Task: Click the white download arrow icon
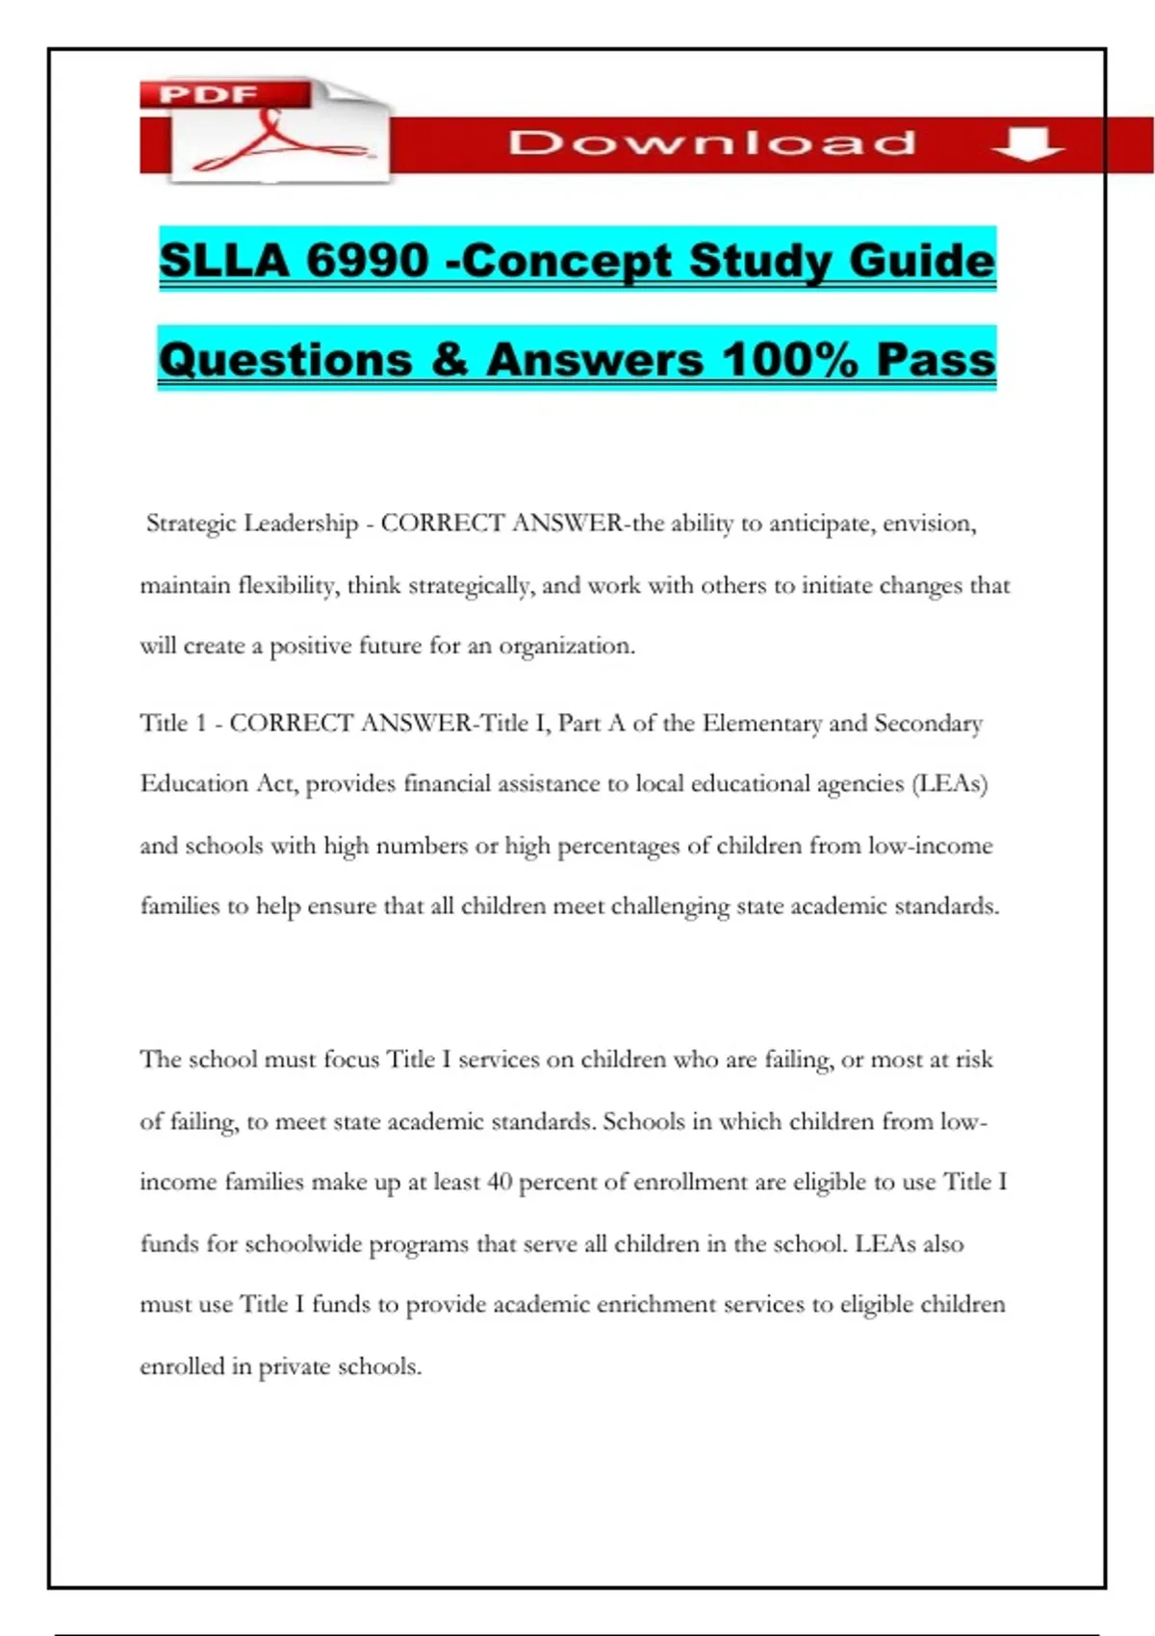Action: click(1027, 143)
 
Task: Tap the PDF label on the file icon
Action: click(209, 94)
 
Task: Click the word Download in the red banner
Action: click(712, 142)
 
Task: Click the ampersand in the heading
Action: click(449, 360)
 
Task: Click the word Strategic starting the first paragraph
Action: click(191, 524)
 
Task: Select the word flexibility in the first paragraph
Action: click(287, 586)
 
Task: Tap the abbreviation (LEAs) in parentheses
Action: click(949, 784)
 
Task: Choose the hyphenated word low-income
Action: click(930, 846)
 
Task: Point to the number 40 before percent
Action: click(499, 1182)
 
